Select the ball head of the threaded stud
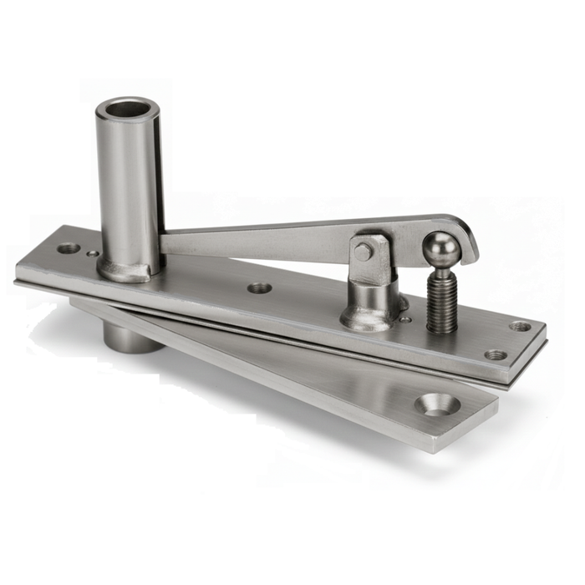(440, 248)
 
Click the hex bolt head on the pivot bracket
(364, 252)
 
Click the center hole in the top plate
(260, 287)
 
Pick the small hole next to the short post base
(405, 319)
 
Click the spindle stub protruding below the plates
(125, 335)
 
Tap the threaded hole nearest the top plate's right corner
(520, 326)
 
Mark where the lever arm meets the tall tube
(165, 243)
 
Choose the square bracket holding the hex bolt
(370, 258)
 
